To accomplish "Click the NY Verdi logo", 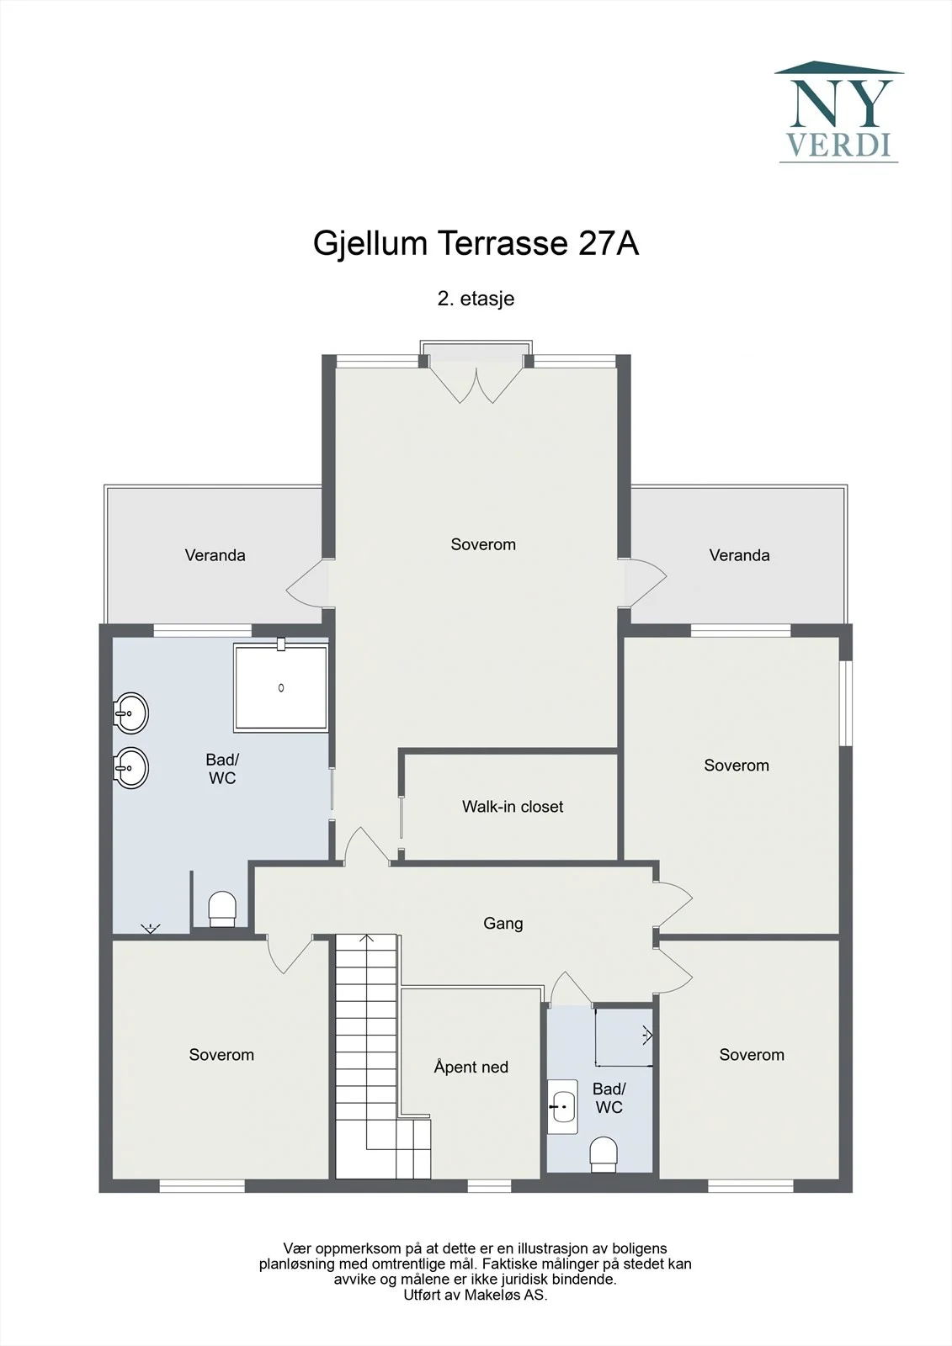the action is [x=839, y=112].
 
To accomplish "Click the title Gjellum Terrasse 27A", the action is [x=476, y=243].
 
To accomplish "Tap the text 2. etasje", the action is [x=476, y=299].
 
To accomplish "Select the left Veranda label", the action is [x=215, y=555].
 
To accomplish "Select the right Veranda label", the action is [x=739, y=555].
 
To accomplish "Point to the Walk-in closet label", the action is [x=513, y=807].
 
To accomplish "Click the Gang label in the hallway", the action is [x=503, y=923].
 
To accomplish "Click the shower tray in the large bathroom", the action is [x=281, y=687].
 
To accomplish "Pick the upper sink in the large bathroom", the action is [x=130, y=713].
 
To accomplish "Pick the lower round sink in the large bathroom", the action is [x=130, y=767].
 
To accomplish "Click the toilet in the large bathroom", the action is [x=222, y=909].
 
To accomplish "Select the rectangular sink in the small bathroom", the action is [x=563, y=1107].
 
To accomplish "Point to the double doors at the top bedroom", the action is [x=476, y=384].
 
